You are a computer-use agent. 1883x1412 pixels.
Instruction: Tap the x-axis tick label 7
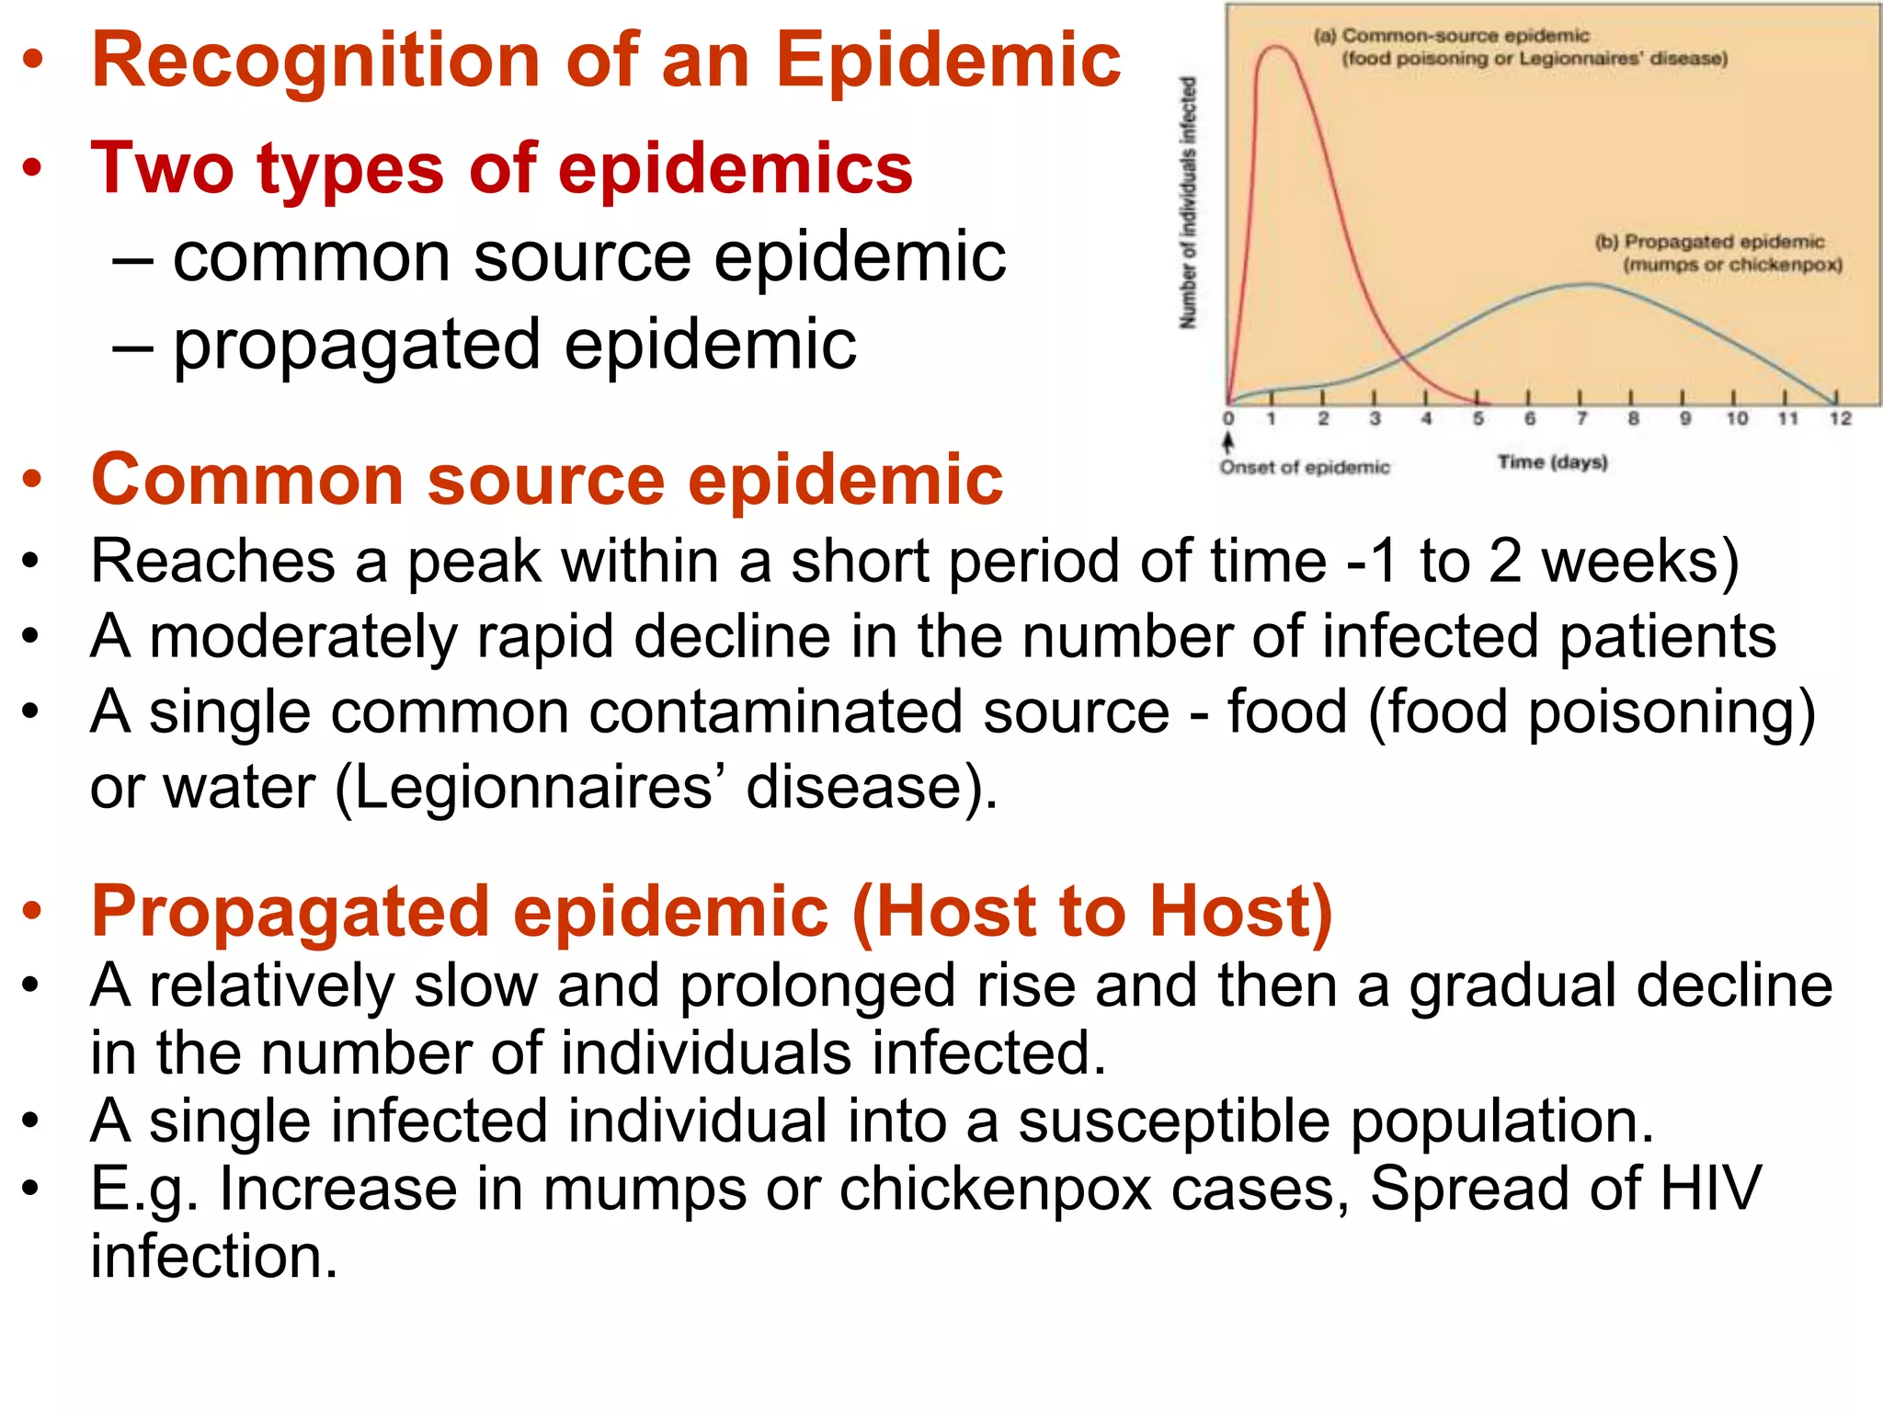click(x=1581, y=419)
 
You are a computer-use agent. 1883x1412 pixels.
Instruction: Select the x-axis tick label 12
click(x=1840, y=419)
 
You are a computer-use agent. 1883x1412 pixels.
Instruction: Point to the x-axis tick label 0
click(x=1228, y=419)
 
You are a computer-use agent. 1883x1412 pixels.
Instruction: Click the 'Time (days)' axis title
click(x=1552, y=461)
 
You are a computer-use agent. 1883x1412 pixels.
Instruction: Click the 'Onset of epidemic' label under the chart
click(x=1305, y=467)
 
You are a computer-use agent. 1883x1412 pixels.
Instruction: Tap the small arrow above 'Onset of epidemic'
click(x=1228, y=441)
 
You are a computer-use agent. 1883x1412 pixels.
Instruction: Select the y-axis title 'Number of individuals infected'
click(x=1188, y=202)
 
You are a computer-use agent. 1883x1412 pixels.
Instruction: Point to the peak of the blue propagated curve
click(x=1586, y=284)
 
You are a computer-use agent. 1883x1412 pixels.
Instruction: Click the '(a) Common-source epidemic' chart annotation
click(x=1451, y=36)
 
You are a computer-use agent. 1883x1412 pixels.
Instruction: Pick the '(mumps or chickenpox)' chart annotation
click(x=1732, y=265)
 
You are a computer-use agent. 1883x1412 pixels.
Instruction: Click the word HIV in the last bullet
click(x=1709, y=1188)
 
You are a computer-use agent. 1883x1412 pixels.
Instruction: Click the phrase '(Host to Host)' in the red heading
click(x=1092, y=911)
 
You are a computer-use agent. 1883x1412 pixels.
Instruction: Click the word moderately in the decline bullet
click(x=303, y=636)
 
